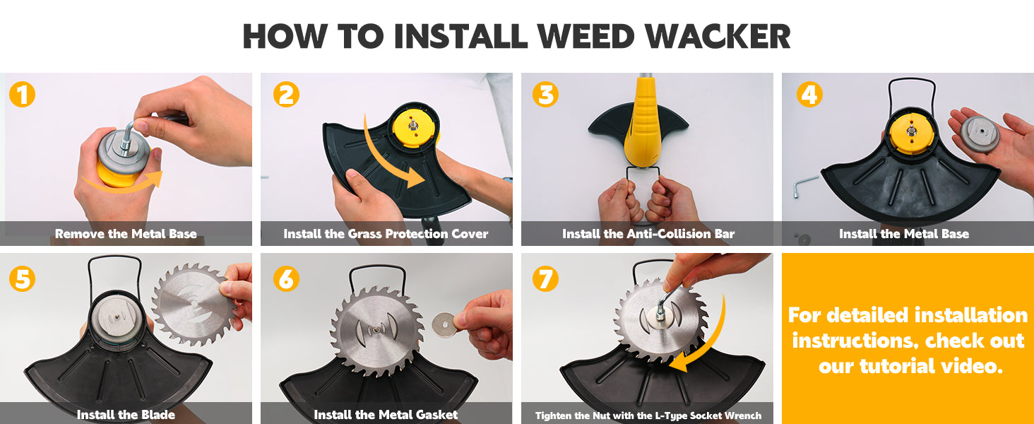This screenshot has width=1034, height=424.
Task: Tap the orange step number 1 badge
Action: click(x=22, y=94)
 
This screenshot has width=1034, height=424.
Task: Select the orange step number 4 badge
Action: click(x=809, y=94)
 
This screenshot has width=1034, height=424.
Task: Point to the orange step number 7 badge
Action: click(x=546, y=278)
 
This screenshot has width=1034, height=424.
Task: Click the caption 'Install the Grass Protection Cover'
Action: click(x=386, y=234)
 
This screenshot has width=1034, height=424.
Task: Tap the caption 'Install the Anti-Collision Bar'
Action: click(x=648, y=234)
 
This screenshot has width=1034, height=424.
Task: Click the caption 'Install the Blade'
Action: click(x=126, y=414)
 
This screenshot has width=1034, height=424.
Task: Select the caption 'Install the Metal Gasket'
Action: click(x=386, y=414)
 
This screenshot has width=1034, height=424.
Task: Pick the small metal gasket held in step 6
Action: click(x=444, y=324)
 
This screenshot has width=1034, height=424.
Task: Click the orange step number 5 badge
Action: click(x=22, y=278)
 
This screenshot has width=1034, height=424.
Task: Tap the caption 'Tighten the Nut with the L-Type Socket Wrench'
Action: click(x=648, y=416)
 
